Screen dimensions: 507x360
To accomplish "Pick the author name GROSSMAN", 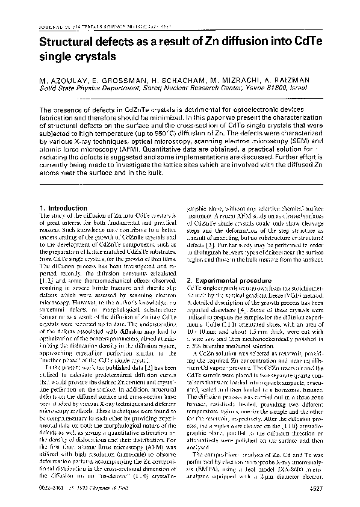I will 129,79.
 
